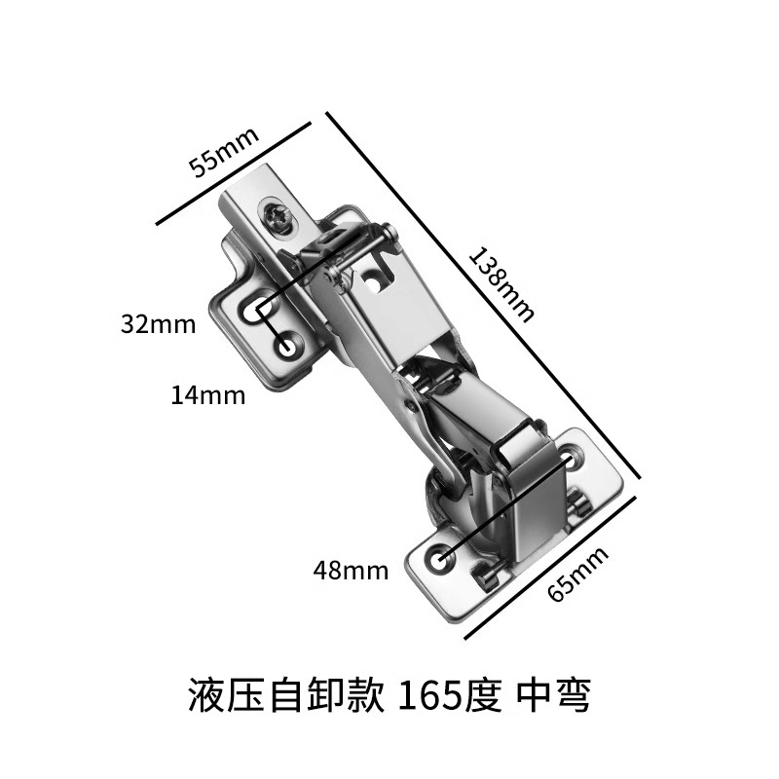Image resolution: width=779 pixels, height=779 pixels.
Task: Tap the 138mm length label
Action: pos(502,283)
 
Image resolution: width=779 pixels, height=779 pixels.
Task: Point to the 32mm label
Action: pos(158,324)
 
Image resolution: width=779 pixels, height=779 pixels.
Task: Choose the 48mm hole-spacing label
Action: pos(350,571)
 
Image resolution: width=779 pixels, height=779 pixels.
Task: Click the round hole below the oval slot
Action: pos(288,345)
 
